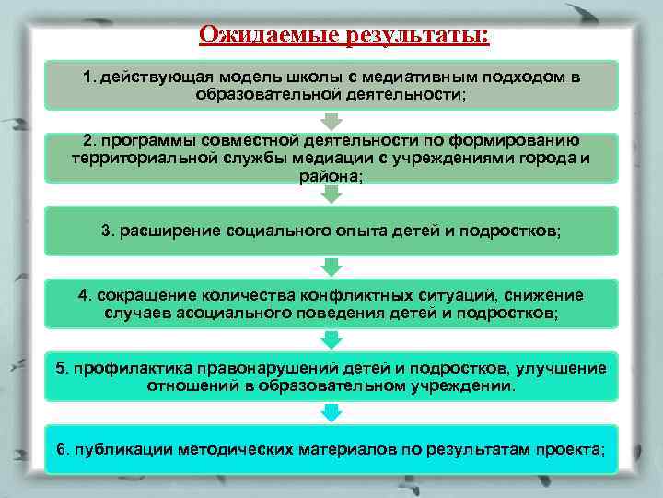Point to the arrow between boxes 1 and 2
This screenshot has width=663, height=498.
(331, 121)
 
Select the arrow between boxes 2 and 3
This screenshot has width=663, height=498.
(331, 193)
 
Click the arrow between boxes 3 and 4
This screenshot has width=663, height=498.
(331, 267)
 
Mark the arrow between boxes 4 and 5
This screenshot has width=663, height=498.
(331, 339)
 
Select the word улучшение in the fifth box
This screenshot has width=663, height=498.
(561, 369)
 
